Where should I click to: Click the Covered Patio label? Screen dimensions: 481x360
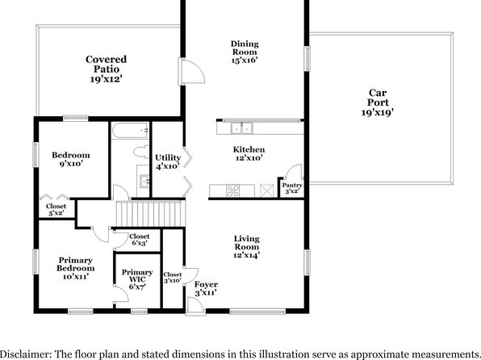(106, 69)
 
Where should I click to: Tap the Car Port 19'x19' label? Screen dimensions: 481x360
(378, 103)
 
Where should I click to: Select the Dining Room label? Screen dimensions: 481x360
(245, 52)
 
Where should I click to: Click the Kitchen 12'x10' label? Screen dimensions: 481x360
(249, 153)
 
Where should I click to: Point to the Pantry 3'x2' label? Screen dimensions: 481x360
(292, 188)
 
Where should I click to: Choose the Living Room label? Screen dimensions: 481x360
(247, 247)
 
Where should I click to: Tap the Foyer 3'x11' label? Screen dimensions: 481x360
(206, 288)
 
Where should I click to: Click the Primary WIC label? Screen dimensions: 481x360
(137, 279)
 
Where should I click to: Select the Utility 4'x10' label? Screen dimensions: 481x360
(168, 161)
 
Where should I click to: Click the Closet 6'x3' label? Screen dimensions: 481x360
(140, 240)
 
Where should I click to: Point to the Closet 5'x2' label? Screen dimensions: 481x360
(56, 209)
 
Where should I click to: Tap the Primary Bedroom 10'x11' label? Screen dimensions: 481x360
(76, 268)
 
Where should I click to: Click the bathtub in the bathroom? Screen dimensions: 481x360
(131, 131)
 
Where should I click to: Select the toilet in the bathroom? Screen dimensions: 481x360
(141, 152)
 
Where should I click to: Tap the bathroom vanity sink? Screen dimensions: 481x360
(144, 181)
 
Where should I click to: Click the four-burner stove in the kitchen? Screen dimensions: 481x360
(232, 190)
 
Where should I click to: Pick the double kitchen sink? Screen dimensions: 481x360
(242, 128)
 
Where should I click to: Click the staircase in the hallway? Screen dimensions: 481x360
(151, 214)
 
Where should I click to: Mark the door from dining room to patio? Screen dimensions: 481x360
(191, 72)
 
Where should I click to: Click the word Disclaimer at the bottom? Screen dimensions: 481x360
(26, 354)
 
